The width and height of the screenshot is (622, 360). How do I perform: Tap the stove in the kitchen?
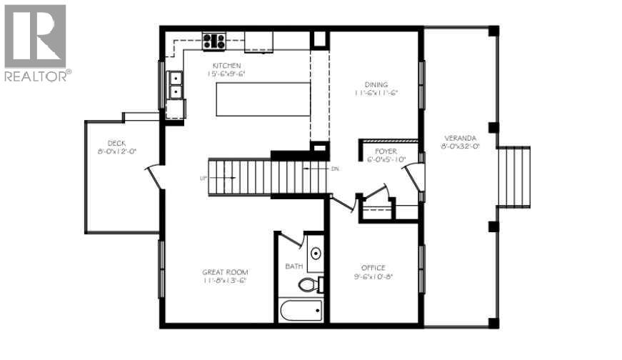[214, 41]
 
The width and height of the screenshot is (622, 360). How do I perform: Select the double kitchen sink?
[174, 84]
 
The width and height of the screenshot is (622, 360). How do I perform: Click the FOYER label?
[386, 151]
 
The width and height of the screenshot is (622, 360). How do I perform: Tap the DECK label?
[116, 143]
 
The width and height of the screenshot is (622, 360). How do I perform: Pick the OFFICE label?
[373, 268]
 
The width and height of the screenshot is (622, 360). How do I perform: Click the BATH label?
[294, 266]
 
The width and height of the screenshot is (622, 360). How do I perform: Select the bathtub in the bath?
[301, 311]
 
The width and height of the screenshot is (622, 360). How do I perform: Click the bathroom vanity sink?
[316, 255]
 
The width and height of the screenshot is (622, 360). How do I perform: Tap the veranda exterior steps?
[514, 177]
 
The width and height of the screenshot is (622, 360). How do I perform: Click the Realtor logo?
[35, 43]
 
